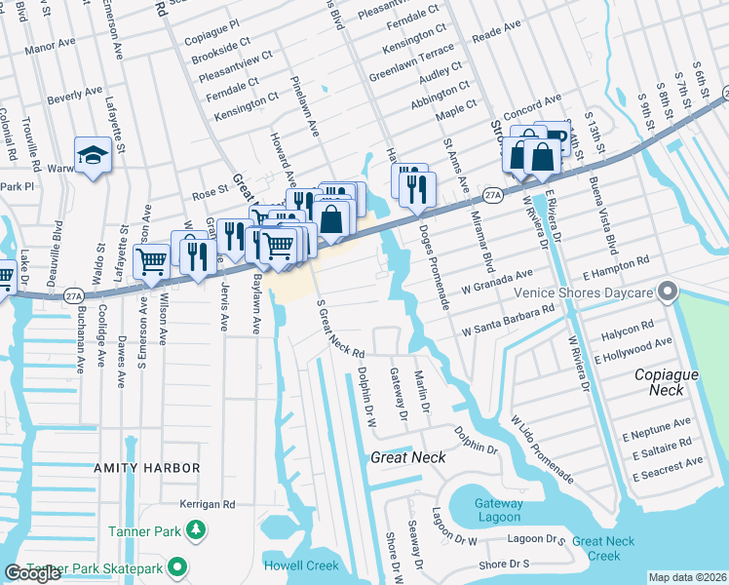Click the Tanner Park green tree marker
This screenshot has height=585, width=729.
point(197,529)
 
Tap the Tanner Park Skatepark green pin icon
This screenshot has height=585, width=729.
point(176,565)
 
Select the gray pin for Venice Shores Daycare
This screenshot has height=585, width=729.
point(667,292)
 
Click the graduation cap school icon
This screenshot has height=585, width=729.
point(93,154)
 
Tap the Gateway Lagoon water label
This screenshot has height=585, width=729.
point(499,510)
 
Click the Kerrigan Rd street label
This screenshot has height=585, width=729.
point(208,504)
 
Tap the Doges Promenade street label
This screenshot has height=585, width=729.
point(433,266)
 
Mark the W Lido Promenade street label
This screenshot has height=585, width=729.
point(541,448)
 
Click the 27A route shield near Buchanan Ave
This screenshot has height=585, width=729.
point(74,294)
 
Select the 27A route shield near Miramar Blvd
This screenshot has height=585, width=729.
point(493,195)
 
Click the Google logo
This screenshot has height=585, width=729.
point(33,573)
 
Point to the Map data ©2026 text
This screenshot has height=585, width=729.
point(686,577)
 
